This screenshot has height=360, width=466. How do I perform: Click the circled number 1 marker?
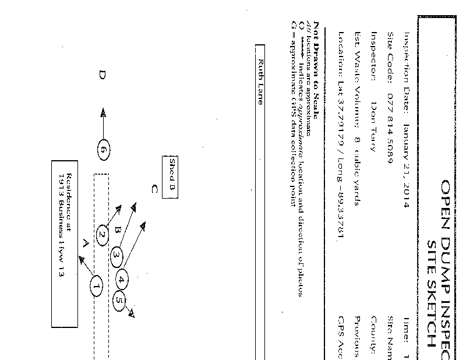[97, 286]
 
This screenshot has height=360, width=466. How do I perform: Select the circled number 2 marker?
[103, 235]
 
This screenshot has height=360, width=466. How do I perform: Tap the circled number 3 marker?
[116, 255]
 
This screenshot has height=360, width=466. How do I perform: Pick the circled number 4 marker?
[122, 280]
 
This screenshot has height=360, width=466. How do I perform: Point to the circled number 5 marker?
[118, 301]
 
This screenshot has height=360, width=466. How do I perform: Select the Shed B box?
[172, 177]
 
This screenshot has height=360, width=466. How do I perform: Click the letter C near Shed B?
[154, 188]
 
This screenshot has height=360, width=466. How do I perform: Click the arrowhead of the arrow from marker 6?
[103, 111]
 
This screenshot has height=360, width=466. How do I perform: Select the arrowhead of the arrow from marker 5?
[132, 315]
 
